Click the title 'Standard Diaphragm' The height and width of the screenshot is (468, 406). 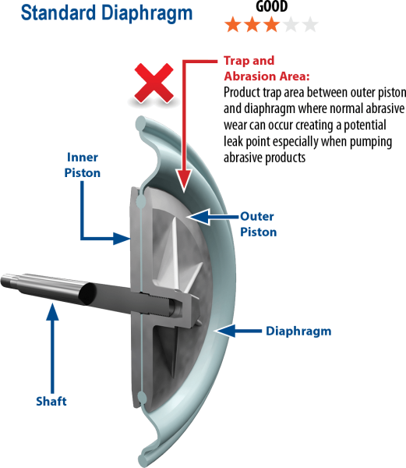tap(107, 13)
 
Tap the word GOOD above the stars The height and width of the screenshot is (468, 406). tap(271, 5)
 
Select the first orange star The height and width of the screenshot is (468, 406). tap(233, 24)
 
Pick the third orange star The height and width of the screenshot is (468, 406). tap(271, 24)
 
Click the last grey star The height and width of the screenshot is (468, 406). tap(310, 24)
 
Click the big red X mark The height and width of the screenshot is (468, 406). tap(154, 83)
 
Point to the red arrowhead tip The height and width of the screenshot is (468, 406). tap(184, 191)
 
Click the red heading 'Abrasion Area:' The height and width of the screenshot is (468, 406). tap(267, 76)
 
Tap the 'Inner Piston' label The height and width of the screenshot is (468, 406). tap(83, 165)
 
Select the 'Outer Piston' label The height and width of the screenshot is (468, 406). tap(259, 224)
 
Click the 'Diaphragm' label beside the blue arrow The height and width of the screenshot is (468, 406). tap(298, 331)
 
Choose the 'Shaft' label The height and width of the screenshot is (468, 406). tap(51, 401)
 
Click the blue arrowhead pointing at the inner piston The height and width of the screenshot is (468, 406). tap(122, 239)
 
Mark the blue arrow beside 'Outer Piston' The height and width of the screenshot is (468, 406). tap(214, 216)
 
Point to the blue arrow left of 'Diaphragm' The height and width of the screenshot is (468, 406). tap(238, 331)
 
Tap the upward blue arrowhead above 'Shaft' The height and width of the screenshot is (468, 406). tap(52, 312)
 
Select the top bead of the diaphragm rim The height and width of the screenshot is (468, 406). tap(141, 123)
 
